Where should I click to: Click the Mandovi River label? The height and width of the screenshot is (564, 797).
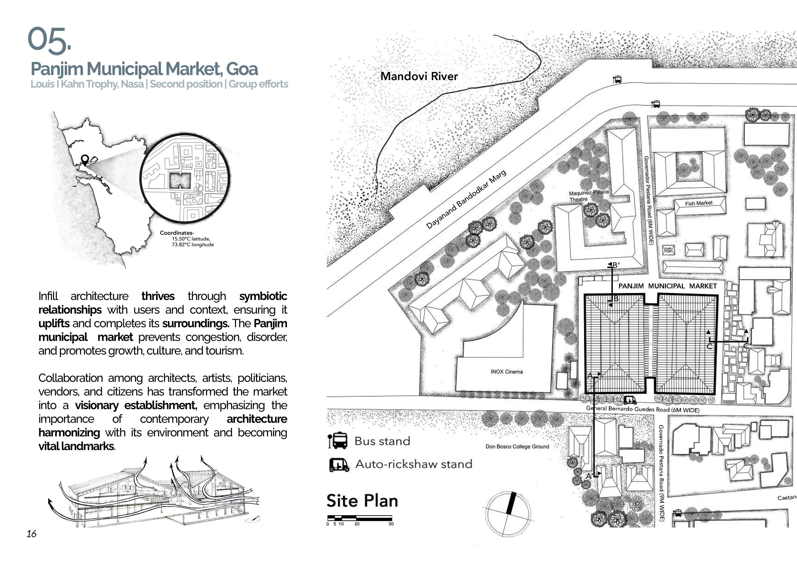[419, 76]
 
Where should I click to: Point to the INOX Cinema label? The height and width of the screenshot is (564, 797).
[507, 372]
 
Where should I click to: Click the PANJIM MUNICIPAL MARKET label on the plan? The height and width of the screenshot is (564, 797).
[667, 286]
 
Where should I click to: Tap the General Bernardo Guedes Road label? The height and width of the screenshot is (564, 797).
[642, 409]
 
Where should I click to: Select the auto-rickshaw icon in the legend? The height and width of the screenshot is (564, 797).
[338, 464]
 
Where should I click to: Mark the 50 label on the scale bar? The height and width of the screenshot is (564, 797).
[391, 524]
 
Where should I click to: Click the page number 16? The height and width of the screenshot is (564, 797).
[31, 534]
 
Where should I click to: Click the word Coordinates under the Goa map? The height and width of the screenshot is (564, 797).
[176, 233]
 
